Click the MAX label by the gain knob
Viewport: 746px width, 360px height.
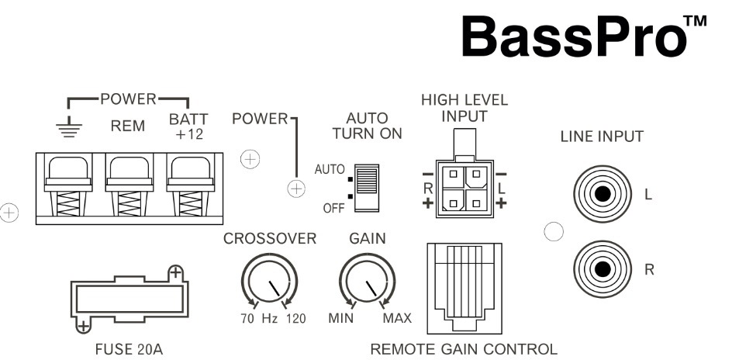pyautogui.click(x=396, y=319)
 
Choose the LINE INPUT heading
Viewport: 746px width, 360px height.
pyautogui.click(x=602, y=137)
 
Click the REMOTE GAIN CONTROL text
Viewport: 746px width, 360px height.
pyautogui.click(x=463, y=349)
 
